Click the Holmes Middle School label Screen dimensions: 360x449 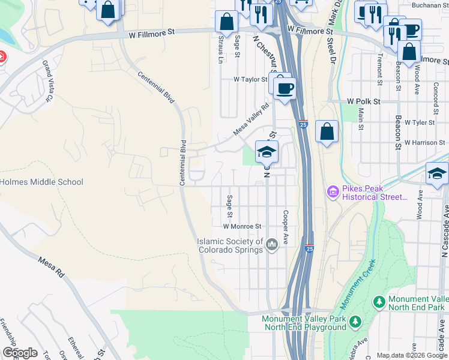[41, 182]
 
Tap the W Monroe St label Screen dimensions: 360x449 [243, 226]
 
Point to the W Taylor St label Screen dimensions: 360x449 [250, 79]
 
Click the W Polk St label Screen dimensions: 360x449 [364, 102]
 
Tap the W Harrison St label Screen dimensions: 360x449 [424, 143]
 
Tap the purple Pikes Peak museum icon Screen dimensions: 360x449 [333, 192]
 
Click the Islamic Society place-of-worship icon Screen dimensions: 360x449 [272, 244]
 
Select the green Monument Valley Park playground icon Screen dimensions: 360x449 [355, 323]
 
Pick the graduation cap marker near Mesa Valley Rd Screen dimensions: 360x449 [267, 152]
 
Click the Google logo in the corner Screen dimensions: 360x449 [20, 353]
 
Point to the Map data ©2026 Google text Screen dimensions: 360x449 [411, 355]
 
